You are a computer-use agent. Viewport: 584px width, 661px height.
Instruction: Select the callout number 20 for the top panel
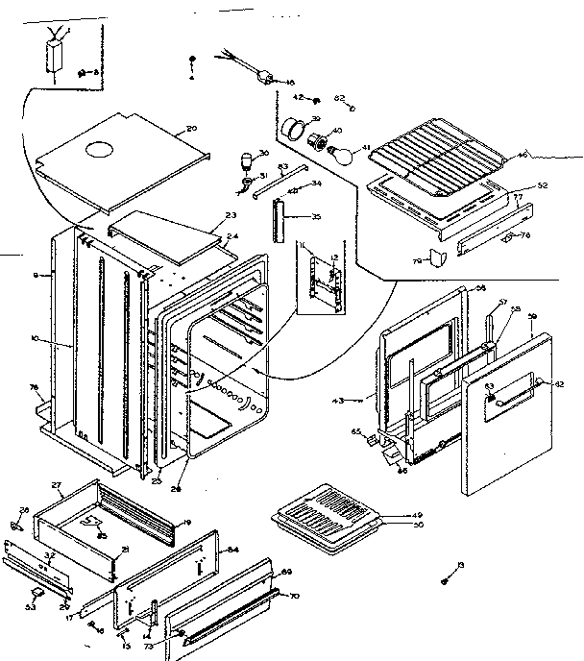point(191,128)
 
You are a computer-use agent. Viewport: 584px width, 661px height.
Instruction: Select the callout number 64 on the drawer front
point(231,550)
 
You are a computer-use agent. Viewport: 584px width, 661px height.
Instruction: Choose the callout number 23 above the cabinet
point(230,215)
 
